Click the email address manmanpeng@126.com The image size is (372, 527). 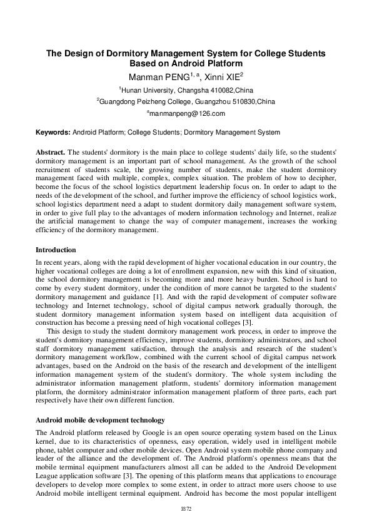186,113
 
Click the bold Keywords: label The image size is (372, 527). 53,133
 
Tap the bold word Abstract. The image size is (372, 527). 50,152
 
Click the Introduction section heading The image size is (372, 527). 57,250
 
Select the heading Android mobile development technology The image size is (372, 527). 100,420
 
